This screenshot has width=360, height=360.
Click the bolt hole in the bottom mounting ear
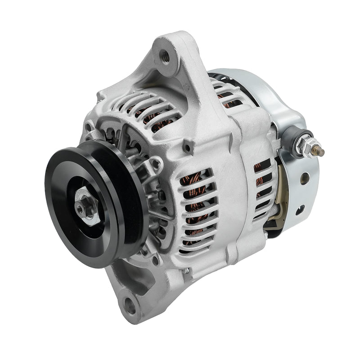coord(130,306)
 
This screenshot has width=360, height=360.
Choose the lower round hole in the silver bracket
coord(301,208)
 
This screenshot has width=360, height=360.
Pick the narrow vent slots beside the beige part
coord(261,189)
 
